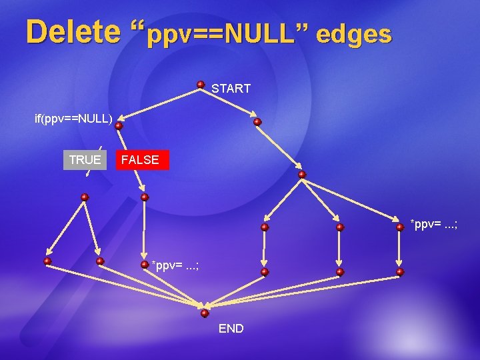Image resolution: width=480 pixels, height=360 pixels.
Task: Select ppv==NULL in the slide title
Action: tap(219, 33)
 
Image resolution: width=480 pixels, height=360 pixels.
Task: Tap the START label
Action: tap(231, 89)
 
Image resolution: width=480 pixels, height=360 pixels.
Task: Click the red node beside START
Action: tap(201, 85)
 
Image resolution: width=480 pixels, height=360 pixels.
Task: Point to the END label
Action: tap(231, 329)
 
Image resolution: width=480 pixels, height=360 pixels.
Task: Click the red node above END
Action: tap(205, 313)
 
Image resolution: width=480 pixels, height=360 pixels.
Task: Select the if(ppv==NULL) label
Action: tap(73, 119)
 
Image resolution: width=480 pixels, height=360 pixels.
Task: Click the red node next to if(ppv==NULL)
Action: tap(118, 125)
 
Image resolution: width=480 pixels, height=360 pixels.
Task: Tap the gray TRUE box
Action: tap(85, 160)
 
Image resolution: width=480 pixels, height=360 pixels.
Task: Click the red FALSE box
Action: tap(141, 160)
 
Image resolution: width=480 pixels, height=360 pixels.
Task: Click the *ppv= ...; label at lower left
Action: tap(175, 266)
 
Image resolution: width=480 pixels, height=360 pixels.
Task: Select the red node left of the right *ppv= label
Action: tap(399, 227)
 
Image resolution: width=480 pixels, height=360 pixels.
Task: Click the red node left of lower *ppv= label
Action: tap(144, 264)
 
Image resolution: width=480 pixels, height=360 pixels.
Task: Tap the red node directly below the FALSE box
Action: tap(145, 197)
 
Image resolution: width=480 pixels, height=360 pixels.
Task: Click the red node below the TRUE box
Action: tap(85, 197)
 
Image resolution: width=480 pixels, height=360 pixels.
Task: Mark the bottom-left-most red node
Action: tap(47, 261)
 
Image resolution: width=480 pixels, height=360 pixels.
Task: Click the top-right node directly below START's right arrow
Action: tap(257, 122)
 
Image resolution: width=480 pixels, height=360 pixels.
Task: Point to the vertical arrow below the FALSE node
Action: tap(145, 230)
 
